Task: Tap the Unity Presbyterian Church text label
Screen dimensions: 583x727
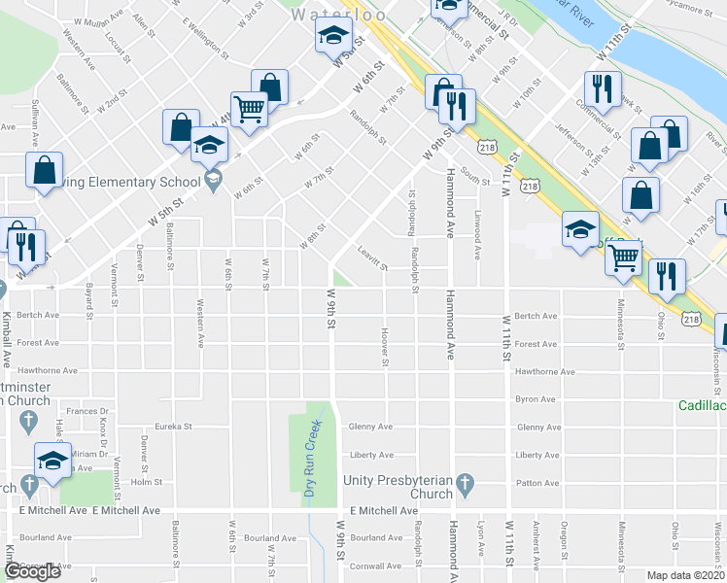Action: click(398, 487)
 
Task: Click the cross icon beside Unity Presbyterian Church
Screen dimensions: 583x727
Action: click(466, 483)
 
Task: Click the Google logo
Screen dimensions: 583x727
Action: click(31, 571)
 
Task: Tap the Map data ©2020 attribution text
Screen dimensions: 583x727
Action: click(686, 575)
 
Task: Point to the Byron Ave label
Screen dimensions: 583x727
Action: click(536, 399)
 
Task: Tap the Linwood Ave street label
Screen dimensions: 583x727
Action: click(478, 237)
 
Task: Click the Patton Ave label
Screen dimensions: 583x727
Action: click(536, 483)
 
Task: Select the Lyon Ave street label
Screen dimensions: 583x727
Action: click(481, 542)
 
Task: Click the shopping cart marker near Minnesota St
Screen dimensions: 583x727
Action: click(623, 257)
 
